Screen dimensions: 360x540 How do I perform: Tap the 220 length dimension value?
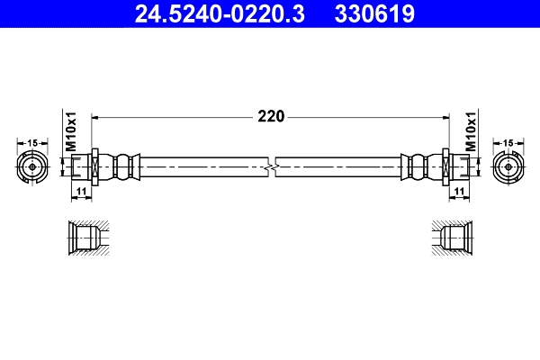click(271, 116)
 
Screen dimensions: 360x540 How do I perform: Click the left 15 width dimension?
click(32, 142)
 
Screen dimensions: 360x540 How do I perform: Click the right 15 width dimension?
click(508, 142)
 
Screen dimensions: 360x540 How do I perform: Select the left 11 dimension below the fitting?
click(80, 193)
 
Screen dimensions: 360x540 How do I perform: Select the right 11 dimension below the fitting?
click(460, 193)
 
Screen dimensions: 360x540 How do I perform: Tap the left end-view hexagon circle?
click(32, 167)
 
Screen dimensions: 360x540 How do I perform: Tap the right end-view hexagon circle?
click(508, 167)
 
